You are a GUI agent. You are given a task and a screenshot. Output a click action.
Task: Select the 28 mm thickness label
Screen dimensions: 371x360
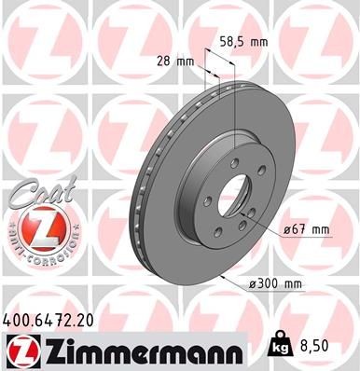pyautogui.click(x=175, y=62)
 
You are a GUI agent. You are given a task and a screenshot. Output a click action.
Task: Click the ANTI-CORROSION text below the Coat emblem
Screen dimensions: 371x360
pyautogui.click(x=35, y=257)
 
